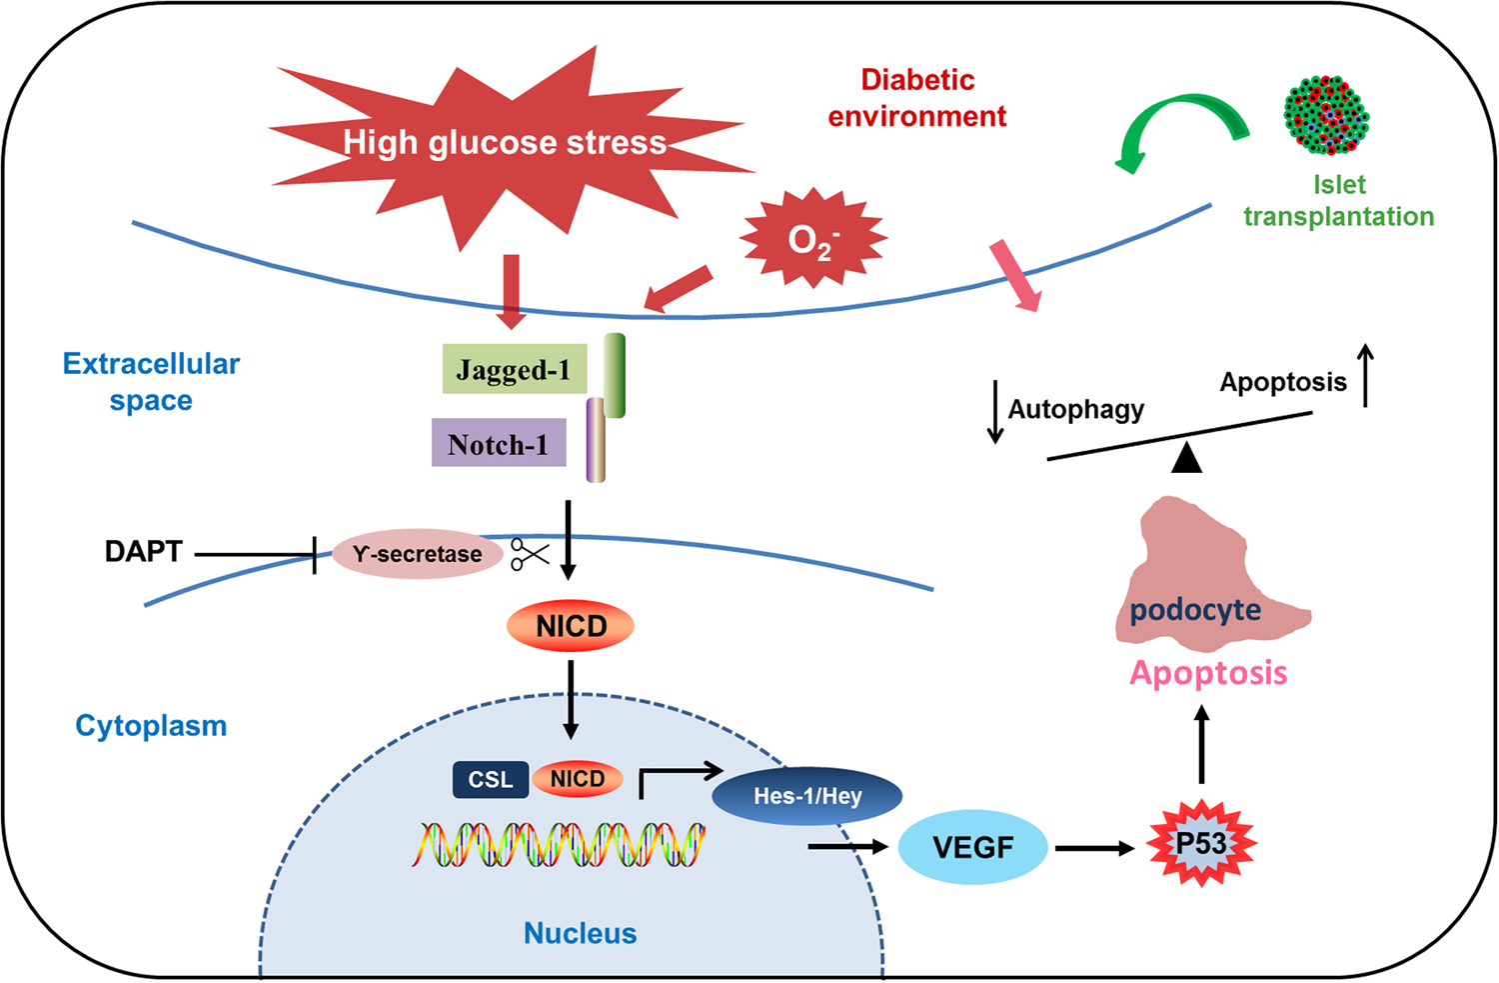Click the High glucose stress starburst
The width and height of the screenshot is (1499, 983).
pyautogui.click(x=505, y=142)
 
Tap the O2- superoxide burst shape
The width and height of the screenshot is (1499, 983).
pyautogui.click(x=812, y=239)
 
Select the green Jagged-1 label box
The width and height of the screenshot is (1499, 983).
pyautogui.click(x=514, y=369)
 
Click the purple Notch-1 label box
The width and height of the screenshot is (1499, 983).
pyautogui.click(x=499, y=443)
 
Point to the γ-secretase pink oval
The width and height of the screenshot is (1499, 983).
pyautogui.click(x=417, y=554)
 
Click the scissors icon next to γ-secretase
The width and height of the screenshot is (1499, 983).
pyautogui.click(x=530, y=554)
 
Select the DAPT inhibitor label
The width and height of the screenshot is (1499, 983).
pyautogui.click(x=144, y=552)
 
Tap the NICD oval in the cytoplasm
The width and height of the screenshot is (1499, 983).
pyautogui.click(x=571, y=626)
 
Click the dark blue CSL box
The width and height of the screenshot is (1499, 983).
pyautogui.click(x=490, y=780)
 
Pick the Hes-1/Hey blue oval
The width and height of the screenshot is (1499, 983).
pyautogui.click(x=806, y=796)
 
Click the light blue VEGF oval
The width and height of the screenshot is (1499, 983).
pyautogui.click(x=972, y=848)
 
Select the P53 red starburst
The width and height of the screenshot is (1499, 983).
pyautogui.click(x=1201, y=844)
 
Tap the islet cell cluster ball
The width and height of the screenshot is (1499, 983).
pyautogui.click(x=1326, y=115)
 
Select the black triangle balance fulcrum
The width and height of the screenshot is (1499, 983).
pyautogui.click(x=1186, y=458)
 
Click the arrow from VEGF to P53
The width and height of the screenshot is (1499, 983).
pyautogui.click(x=1094, y=849)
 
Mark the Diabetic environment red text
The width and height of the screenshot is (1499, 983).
pyautogui.click(x=917, y=98)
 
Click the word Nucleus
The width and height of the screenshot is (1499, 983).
pyautogui.click(x=580, y=933)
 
